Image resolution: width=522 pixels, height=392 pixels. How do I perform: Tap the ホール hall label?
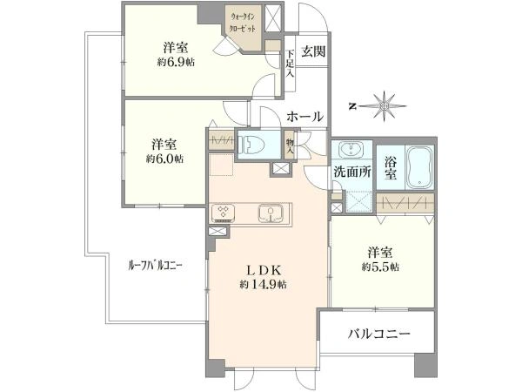[x=304, y=116]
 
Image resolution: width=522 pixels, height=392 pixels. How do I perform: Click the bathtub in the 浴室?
[x=415, y=165]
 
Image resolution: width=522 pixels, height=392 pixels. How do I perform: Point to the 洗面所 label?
[x=353, y=172]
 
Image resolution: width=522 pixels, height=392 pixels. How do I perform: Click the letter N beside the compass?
[x=352, y=106]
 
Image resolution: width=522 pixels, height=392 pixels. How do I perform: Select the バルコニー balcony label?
[x=378, y=333]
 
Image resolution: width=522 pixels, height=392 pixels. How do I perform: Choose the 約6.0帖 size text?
[x=164, y=159]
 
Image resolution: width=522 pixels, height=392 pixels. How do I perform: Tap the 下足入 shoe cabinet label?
[x=290, y=64]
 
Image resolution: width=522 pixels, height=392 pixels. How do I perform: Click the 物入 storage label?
[x=290, y=145]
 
